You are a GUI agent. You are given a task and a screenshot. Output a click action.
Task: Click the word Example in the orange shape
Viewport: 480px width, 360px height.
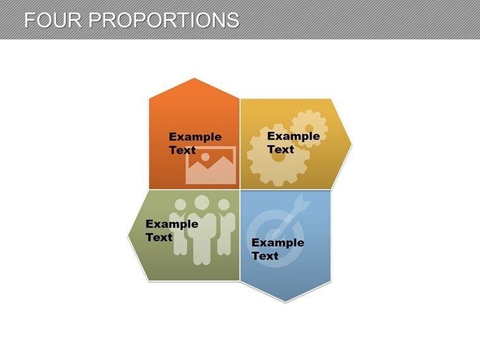point(195,137)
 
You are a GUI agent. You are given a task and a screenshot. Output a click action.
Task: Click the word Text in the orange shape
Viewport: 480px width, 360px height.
point(182,150)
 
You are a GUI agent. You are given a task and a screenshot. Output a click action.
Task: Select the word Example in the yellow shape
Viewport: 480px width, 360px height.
point(293,136)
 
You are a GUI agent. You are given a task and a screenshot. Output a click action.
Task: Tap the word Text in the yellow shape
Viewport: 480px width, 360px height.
point(280,149)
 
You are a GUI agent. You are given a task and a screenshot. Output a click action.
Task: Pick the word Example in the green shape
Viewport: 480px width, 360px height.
point(172,224)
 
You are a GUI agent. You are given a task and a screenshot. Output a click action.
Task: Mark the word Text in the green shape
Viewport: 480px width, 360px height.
point(159,237)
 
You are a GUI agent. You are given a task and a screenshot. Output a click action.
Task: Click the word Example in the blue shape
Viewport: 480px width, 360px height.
point(278,243)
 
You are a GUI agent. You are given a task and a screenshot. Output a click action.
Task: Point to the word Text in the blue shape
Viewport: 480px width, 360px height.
point(265,256)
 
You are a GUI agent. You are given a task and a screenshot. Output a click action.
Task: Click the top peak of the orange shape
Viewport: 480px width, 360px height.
point(195,80)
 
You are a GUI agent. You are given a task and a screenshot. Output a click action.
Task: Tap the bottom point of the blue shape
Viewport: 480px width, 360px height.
point(285,301)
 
